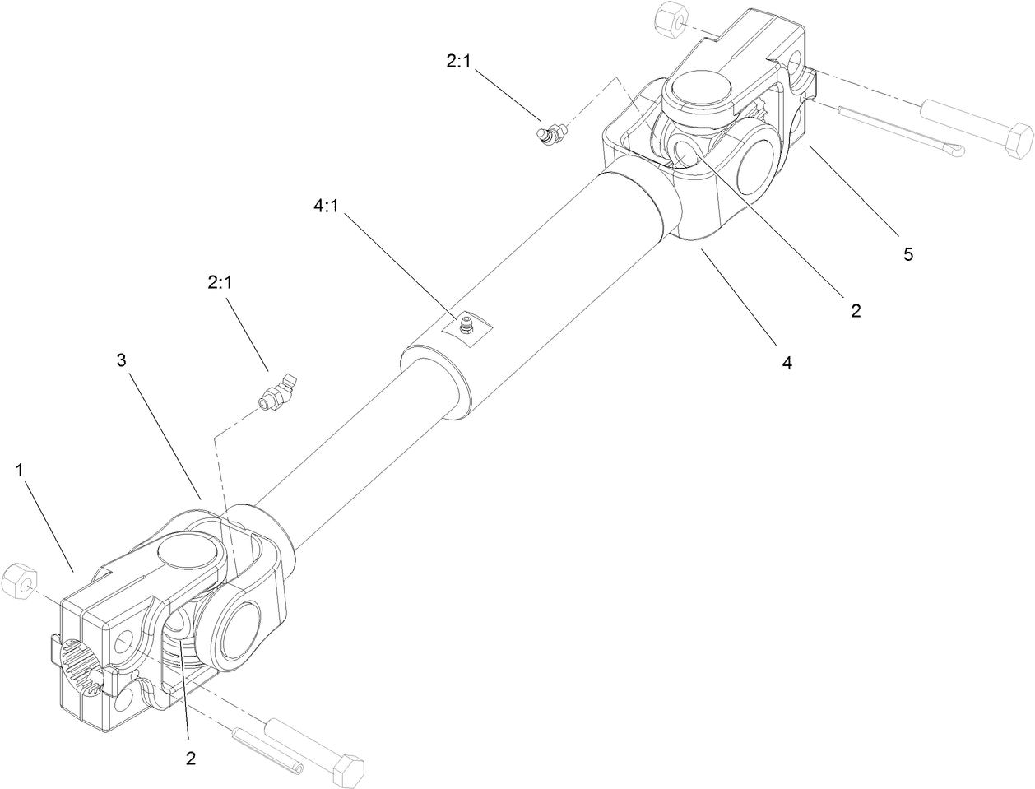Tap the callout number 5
click(x=907, y=254)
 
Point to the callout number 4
click(x=787, y=362)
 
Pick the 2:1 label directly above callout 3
click(x=220, y=282)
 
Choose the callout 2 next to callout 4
click(x=855, y=310)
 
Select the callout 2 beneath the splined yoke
click(x=191, y=759)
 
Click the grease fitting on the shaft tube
click(x=467, y=325)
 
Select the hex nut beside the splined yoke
click(x=17, y=582)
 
